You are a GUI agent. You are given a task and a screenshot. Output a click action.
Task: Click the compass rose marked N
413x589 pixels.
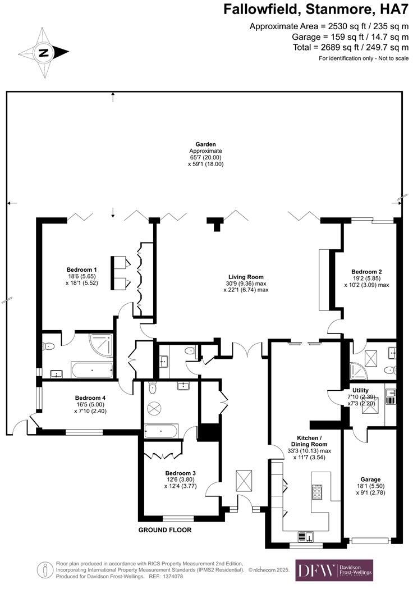coord(43,53)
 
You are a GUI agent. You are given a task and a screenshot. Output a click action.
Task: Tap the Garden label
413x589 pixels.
coord(205,145)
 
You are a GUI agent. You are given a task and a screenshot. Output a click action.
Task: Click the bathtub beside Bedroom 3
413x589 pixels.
coord(161,431)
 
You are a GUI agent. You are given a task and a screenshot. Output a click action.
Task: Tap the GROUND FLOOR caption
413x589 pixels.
coord(165,529)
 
